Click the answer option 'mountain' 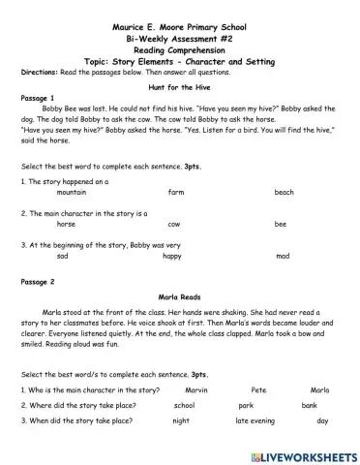tap(72, 193)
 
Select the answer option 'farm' tap(175, 193)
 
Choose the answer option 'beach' tap(284, 193)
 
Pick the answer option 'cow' tap(174, 224)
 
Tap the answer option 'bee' tap(281, 224)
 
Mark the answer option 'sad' tap(63, 256)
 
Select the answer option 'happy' tap(171, 256)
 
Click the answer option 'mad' tap(282, 256)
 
